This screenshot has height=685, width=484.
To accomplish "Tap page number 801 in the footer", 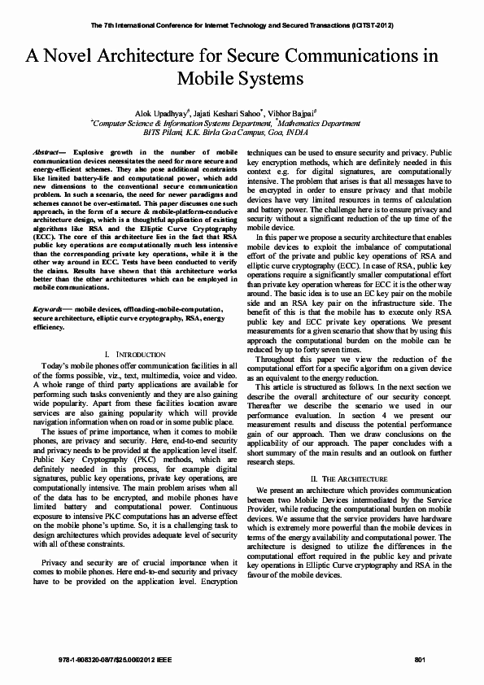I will tap(421, 657).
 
